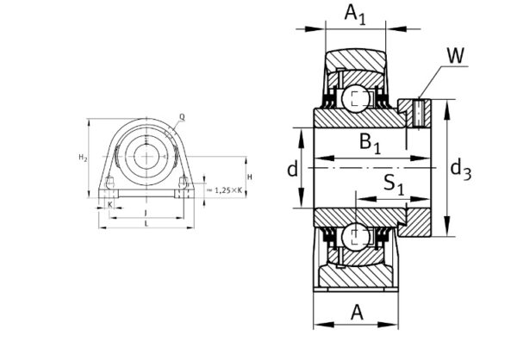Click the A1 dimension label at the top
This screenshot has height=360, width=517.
[x=354, y=16]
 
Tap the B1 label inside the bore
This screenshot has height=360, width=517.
[x=370, y=144]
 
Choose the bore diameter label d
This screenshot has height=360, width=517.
[x=293, y=169]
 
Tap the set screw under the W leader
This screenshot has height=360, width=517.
[x=419, y=112]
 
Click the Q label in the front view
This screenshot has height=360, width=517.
[x=182, y=116]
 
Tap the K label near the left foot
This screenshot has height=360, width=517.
[x=110, y=204]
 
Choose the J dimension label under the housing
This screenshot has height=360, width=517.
[x=146, y=211]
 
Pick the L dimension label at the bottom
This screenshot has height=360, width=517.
[x=146, y=223]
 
